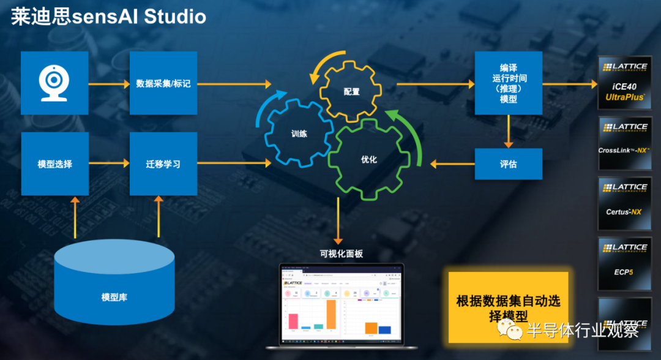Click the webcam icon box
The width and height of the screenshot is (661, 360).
54,83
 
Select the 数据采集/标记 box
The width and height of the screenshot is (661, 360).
163,83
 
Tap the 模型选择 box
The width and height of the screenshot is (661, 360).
54,163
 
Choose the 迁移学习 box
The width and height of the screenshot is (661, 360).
163,163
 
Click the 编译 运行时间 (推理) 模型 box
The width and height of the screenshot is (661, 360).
508,83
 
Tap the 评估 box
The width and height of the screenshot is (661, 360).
508,164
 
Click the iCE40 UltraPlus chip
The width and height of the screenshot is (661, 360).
625,83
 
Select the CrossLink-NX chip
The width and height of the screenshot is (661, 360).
625,144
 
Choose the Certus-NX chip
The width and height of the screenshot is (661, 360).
625,204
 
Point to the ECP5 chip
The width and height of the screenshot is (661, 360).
625,264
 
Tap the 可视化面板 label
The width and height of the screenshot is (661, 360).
341,254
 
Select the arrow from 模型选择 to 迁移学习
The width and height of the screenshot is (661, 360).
108,163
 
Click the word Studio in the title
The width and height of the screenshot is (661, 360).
174,17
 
